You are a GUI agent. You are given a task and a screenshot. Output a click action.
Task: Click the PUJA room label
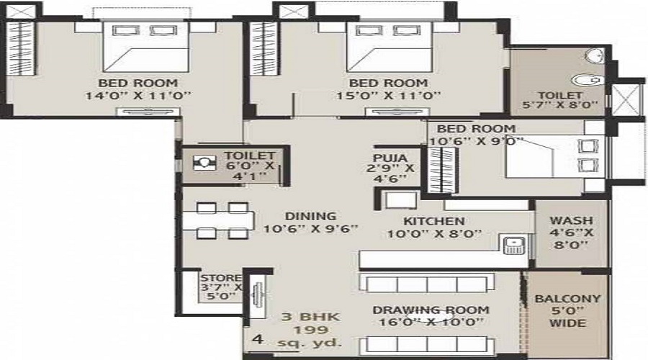pyautogui.click(x=390, y=158)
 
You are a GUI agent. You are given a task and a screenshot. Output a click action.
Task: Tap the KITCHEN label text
pyautogui.click(x=433, y=221)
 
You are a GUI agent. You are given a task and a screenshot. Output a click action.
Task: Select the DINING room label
pyautogui.click(x=310, y=216)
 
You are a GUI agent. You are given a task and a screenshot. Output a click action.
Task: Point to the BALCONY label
pyautogui.click(x=567, y=299)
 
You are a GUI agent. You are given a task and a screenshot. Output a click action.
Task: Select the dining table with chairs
pyautogui.click(x=216, y=220)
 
